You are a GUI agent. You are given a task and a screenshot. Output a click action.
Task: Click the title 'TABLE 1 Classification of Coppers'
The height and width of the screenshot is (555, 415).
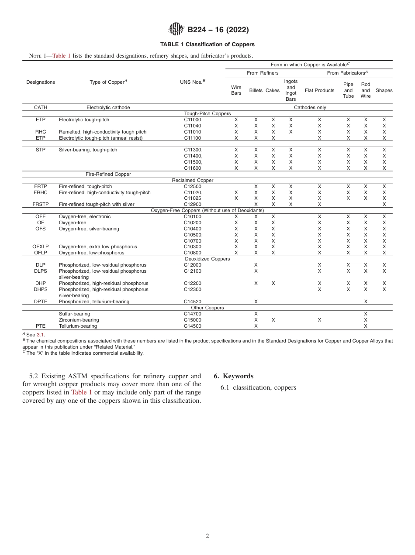click(x=207, y=45)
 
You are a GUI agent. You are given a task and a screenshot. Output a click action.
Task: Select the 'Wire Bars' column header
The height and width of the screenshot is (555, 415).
click(x=236, y=90)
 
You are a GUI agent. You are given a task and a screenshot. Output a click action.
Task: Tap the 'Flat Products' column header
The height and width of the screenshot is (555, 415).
click(x=319, y=90)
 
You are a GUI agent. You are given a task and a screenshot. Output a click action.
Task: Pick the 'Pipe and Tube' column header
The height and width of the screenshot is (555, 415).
click(x=348, y=90)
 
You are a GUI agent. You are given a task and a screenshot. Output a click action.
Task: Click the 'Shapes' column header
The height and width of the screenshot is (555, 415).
click(x=384, y=90)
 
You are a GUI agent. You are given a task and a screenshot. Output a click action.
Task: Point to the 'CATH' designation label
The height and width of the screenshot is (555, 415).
click(x=41, y=107)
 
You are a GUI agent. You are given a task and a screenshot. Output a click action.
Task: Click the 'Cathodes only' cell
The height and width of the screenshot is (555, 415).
click(x=310, y=107)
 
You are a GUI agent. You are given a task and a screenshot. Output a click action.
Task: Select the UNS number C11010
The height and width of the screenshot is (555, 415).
click(x=193, y=132)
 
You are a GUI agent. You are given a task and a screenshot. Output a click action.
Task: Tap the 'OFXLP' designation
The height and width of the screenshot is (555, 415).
click(x=41, y=247)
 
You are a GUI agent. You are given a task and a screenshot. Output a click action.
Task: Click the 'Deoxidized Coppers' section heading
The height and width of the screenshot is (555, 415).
click(x=207, y=259)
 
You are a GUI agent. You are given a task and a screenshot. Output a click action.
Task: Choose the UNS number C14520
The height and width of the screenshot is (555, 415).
click(x=193, y=301)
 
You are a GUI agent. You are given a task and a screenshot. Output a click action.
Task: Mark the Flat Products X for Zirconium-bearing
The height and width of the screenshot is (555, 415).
click(x=319, y=320)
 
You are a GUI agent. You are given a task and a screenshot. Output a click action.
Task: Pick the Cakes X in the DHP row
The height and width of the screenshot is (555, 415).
click(x=273, y=283)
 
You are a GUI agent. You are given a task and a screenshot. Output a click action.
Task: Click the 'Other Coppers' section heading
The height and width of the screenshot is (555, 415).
click(x=207, y=308)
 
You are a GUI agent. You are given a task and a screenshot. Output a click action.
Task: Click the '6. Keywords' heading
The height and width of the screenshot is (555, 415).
click(x=233, y=376)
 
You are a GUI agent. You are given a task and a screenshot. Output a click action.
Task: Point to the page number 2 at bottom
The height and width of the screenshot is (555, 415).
click(x=207, y=536)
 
